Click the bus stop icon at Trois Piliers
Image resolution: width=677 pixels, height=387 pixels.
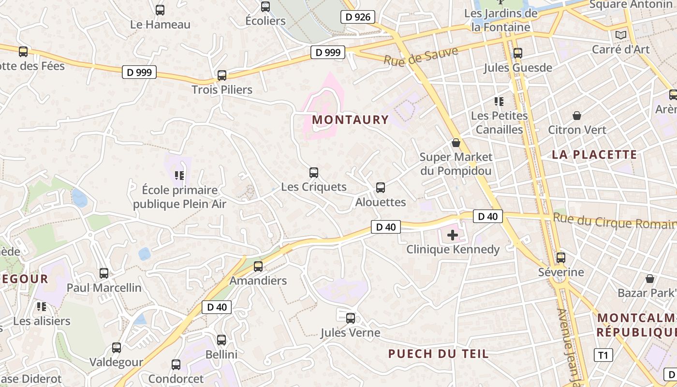click(222, 75)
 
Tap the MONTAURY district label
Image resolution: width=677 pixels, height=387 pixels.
click(351, 119)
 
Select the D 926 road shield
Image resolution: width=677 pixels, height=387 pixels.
click(358, 17)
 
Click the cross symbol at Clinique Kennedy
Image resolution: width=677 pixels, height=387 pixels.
click(453, 235)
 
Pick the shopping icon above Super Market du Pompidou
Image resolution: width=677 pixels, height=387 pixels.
click(456, 143)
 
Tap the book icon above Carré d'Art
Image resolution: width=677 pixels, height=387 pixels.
click(620, 35)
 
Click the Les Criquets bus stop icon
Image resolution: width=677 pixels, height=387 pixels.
click(314, 172)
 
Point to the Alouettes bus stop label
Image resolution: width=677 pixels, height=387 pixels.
click(381, 202)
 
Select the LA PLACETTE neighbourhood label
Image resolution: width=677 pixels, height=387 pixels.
click(595, 155)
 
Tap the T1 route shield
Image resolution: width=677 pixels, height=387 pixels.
click(603, 355)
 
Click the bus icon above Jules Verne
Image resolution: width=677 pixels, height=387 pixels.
click(351, 318)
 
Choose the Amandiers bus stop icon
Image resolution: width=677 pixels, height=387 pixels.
click(258, 266)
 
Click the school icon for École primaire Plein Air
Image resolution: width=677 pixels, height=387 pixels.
click(179, 175)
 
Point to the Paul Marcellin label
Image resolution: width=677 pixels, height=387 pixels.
click(104, 288)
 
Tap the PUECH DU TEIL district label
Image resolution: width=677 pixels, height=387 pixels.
click(439, 354)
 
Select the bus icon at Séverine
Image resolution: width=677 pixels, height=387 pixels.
click(561, 258)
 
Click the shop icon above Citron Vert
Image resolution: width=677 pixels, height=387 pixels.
click(577, 116)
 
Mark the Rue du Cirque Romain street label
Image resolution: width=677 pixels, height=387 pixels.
click(614, 222)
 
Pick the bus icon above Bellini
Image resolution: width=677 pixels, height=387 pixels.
click(221, 340)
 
